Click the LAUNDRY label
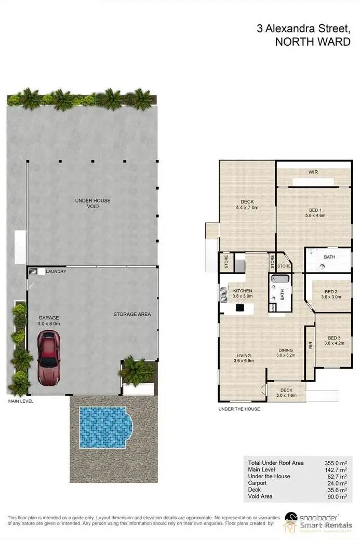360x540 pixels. tap(56, 272)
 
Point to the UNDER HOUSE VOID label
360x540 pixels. tap(93, 203)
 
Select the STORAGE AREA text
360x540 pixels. tap(132, 314)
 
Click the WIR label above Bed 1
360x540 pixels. tap(312, 172)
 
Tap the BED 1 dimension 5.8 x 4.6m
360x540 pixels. tap(314, 215)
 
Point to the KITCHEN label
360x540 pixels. tap(243, 291)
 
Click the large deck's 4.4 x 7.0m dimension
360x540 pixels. tap(247, 208)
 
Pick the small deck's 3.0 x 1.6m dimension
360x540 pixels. tap(286, 396)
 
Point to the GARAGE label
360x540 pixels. tap(48, 318)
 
